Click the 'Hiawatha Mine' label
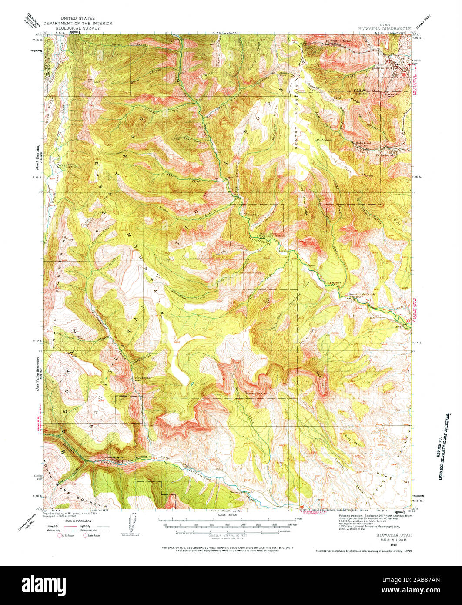[338, 40]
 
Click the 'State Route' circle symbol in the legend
[85, 536]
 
